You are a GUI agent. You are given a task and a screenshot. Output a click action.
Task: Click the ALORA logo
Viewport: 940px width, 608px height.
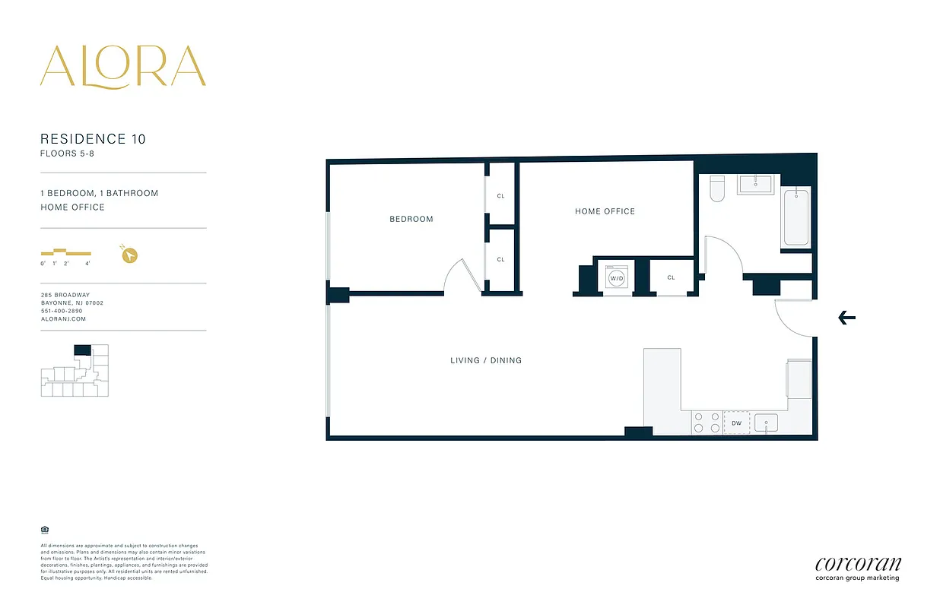pos(122,67)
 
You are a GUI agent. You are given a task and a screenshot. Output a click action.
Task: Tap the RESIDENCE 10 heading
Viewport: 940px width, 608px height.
pos(93,139)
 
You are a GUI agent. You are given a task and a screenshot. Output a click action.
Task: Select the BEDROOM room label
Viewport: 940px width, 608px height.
pos(411,219)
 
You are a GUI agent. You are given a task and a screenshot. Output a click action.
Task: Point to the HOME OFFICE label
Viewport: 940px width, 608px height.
pos(605,211)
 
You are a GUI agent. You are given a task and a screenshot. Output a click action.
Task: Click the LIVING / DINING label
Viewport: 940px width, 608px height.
pos(486,360)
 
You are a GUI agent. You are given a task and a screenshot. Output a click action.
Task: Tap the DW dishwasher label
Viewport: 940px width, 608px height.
pos(736,423)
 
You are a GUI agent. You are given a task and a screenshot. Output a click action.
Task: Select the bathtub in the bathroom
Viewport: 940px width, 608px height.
pos(796,218)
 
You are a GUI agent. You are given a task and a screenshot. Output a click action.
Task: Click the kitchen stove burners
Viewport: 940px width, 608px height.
pos(706,423)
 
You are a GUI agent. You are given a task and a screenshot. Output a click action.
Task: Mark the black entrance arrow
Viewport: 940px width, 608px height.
pos(846,318)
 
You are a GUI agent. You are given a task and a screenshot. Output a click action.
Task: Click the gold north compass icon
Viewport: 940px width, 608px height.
pos(129,255)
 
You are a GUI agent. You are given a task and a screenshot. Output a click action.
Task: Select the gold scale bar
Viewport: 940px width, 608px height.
pos(66,252)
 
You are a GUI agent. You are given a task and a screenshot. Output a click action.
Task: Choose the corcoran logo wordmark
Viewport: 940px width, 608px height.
pos(858,564)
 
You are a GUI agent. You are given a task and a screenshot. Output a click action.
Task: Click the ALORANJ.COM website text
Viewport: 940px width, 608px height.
pos(63,319)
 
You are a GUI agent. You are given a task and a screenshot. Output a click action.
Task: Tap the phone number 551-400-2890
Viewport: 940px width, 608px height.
pos(62,311)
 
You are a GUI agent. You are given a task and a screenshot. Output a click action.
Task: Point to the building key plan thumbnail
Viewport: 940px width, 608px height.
pos(75,370)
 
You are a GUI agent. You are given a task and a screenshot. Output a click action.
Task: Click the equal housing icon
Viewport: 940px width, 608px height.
pos(44,530)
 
